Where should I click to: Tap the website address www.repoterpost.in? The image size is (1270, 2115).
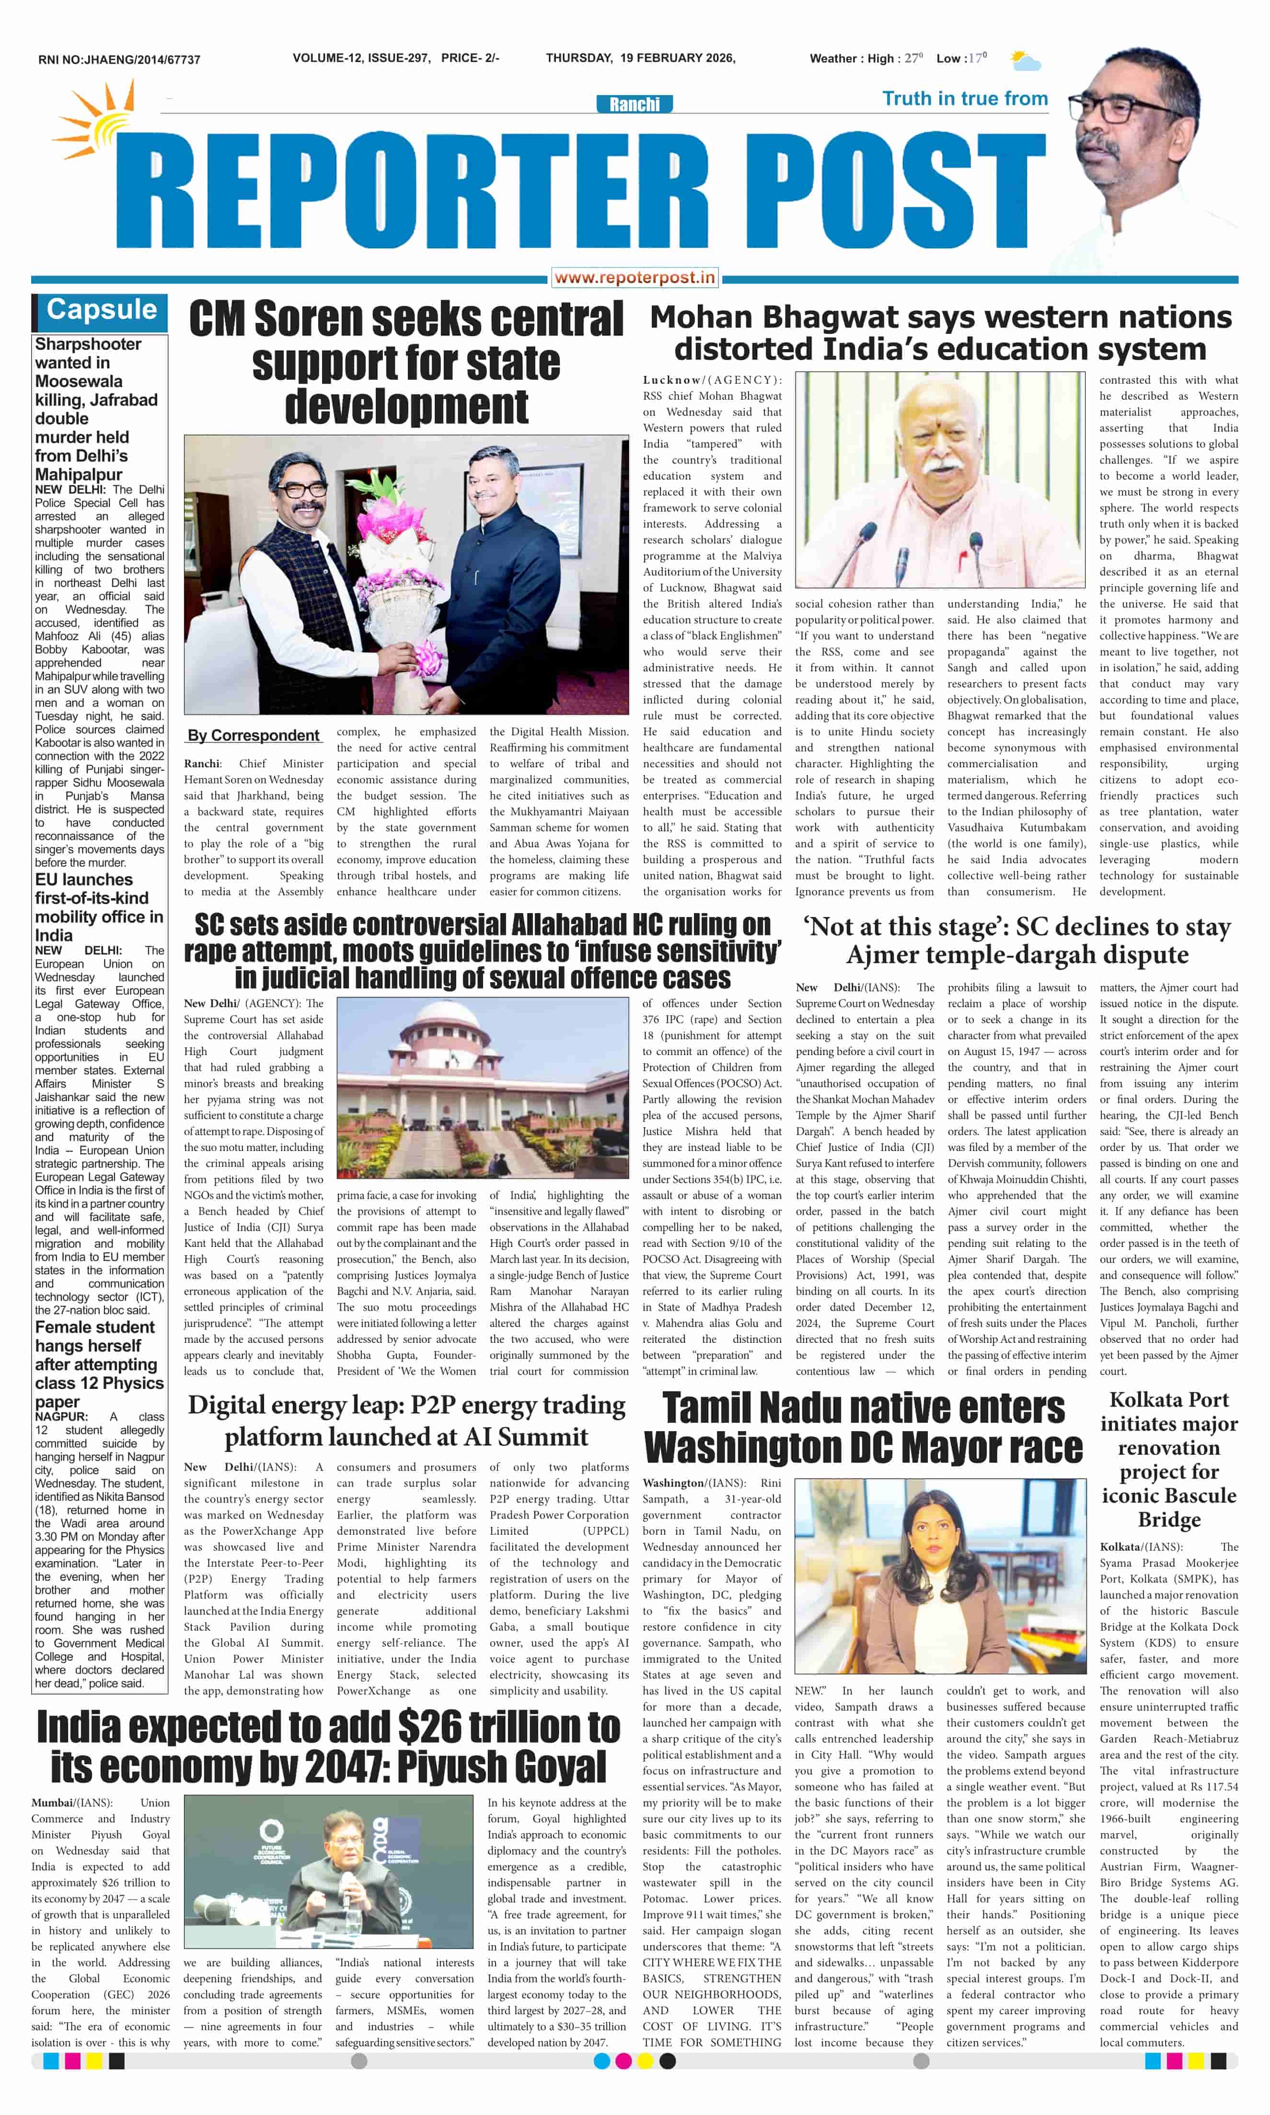coord(634,277)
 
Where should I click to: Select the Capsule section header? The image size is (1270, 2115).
coord(101,310)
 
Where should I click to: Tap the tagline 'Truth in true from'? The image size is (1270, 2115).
coord(964,98)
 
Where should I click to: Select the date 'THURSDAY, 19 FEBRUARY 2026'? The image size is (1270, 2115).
coord(640,58)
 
